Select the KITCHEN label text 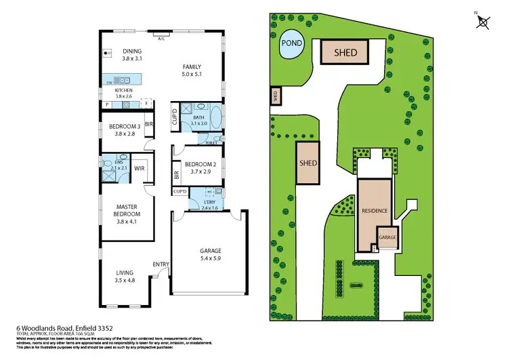pos(123,90)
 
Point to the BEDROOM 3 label pos(123,126)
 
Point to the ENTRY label pos(161,264)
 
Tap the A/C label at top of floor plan pos(161,39)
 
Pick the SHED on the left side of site pos(308,163)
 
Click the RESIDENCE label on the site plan pos(374,211)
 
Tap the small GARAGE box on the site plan pos(387,238)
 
